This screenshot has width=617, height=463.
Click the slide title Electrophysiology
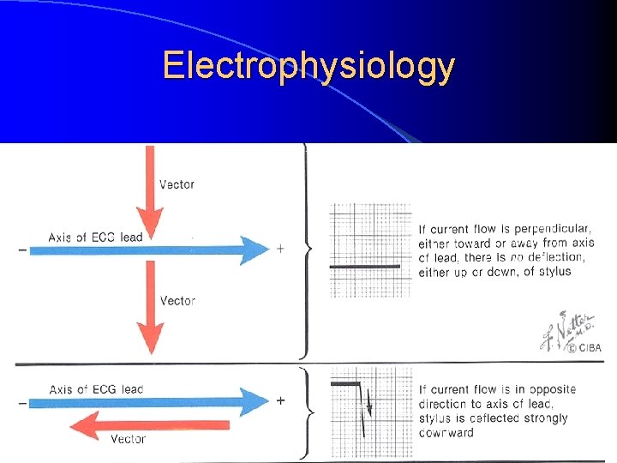click(308, 65)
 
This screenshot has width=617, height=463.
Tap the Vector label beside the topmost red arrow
click(177, 184)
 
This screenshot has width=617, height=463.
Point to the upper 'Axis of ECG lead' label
click(95, 237)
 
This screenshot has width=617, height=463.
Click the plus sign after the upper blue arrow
click(280, 249)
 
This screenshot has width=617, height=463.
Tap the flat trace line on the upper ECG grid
click(365, 267)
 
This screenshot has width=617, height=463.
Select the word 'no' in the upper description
click(516, 257)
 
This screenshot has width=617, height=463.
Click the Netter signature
click(561, 331)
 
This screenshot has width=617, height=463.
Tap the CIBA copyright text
click(588, 347)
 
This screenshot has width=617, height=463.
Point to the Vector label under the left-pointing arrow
click(128, 440)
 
